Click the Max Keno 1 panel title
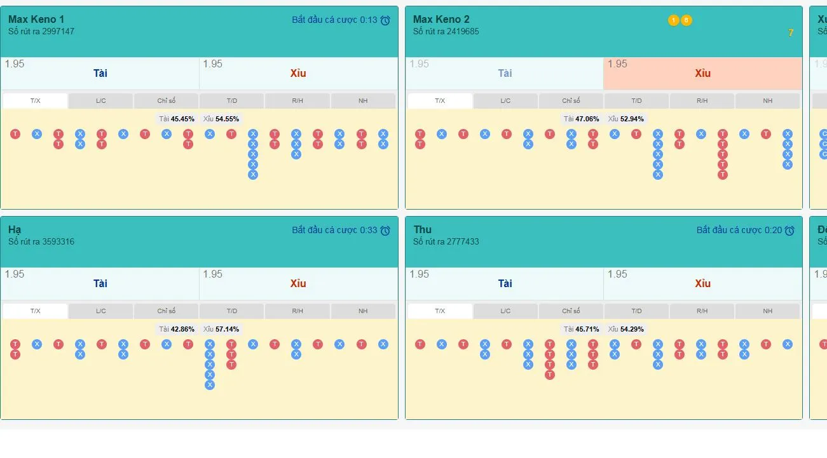pos(36,19)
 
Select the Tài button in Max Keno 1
pos(100,73)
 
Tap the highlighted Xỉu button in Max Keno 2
pos(702,73)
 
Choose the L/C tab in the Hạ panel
pos(101,311)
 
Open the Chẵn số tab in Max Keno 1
pos(167,101)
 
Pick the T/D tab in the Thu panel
pos(636,311)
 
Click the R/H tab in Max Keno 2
pos(702,101)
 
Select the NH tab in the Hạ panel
pos(363,311)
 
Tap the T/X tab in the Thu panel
pos(440,311)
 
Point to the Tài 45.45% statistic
pos(177,119)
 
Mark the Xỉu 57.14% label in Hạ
pos(221,329)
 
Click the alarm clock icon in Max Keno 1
pos(385,20)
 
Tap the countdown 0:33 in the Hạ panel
pos(368,230)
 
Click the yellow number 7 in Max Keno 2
pos(791,33)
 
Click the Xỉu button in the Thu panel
pos(702,283)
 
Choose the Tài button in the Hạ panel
pos(100,283)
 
